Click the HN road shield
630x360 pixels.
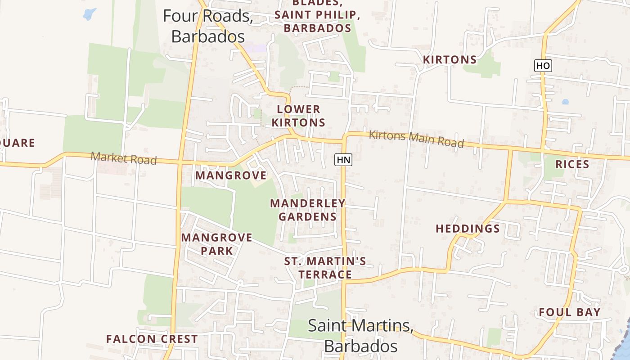343,159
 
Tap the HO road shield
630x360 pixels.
543,66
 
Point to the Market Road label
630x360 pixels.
124,158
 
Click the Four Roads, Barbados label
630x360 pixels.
208,26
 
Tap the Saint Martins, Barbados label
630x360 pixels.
360,336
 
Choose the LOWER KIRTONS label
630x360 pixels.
301,116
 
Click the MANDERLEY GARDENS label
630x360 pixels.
308,210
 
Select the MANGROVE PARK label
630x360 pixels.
216,244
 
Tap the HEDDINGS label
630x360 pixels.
468,229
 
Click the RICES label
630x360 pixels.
572,164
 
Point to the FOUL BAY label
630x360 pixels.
570,312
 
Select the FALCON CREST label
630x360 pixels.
152,339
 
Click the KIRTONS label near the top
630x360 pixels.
450,60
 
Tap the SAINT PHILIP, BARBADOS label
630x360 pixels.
317,21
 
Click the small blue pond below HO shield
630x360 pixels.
565,102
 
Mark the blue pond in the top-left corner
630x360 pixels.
90,14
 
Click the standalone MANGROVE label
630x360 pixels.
231,175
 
